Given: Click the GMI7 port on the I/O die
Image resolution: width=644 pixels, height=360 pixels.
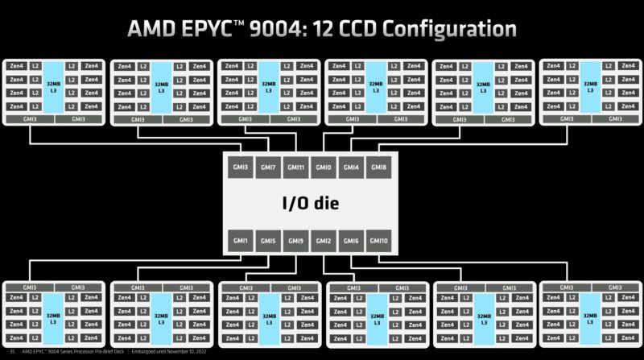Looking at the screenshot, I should click(269, 168).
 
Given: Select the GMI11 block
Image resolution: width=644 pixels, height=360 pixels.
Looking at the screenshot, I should click(296, 168).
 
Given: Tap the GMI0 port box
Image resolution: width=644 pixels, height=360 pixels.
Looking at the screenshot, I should click(324, 168).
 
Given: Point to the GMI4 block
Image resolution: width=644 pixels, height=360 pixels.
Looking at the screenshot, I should click(351, 168).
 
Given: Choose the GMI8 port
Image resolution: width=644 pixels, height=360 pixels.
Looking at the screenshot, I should click(378, 168).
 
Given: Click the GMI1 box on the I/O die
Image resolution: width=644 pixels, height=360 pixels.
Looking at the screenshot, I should click(242, 241).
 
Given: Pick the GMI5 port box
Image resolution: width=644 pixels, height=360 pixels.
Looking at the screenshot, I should click(269, 241).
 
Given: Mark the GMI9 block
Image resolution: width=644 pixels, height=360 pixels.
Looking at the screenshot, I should click(296, 241).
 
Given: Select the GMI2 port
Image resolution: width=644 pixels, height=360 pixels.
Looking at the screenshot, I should click(324, 241).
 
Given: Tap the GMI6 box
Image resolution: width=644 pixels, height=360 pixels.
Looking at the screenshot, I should click(351, 241).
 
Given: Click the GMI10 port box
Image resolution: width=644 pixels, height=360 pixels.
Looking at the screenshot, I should click(378, 241).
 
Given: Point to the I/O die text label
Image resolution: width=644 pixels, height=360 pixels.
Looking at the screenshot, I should click(311, 204).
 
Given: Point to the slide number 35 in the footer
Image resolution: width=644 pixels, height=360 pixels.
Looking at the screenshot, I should click(11, 352).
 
